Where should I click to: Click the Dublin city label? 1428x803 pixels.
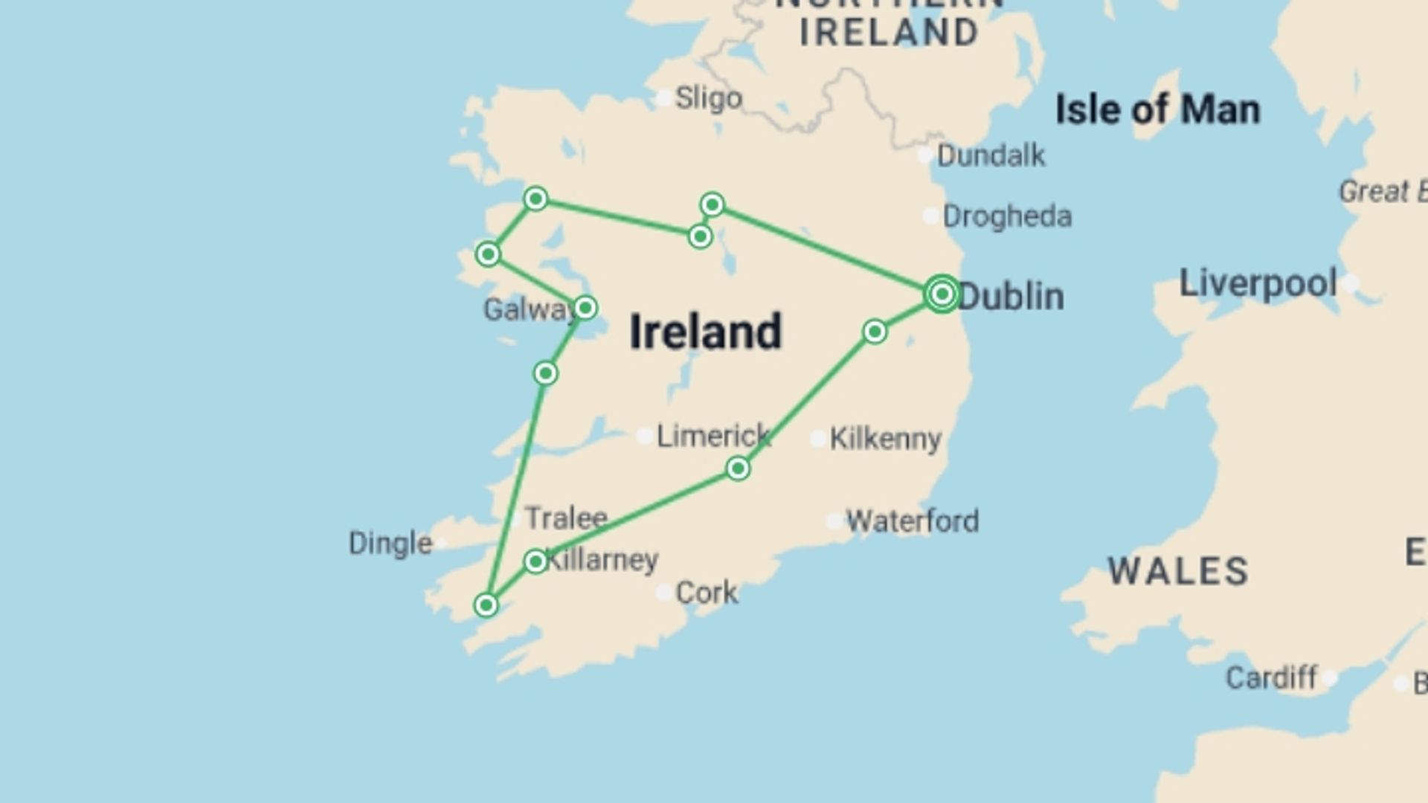(x=1011, y=296)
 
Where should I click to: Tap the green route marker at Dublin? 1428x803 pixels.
(x=942, y=294)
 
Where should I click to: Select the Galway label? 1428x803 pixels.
(x=528, y=309)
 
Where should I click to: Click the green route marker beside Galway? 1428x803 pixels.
(x=585, y=307)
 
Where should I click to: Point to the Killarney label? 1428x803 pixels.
(x=602, y=559)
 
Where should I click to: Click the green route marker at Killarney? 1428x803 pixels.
(x=535, y=561)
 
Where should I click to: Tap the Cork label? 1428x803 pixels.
(x=707, y=593)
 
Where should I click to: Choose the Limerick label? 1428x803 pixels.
(x=713, y=436)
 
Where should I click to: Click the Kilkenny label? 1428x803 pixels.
(x=885, y=439)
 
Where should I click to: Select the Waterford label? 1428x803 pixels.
(x=912, y=520)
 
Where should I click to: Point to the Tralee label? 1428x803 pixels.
(x=566, y=517)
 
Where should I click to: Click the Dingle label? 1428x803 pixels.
(x=390, y=543)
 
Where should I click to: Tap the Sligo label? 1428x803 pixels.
(x=708, y=98)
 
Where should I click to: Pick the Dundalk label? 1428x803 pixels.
(x=991, y=155)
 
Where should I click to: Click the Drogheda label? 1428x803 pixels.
(x=1007, y=216)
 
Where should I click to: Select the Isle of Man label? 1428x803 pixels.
(x=1157, y=110)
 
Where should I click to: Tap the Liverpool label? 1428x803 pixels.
(x=1258, y=283)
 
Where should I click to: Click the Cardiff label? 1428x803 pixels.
(x=1271, y=677)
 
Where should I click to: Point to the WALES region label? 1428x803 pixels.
(x=1178, y=571)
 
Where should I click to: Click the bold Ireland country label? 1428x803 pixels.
(x=705, y=332)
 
